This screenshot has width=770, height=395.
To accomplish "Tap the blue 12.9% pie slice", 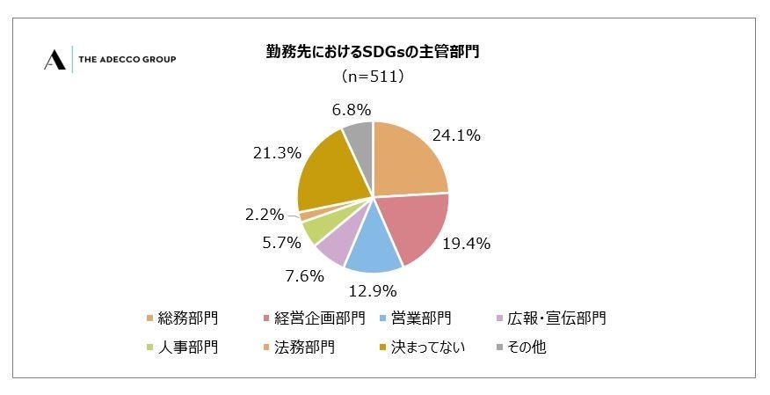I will click(x=373, y=244).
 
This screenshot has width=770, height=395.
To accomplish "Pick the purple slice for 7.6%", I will click(x=334, y=245).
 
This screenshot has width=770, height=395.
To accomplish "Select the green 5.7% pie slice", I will click(x=314, y=230).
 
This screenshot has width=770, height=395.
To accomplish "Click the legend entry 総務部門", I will click(x=187, y=318).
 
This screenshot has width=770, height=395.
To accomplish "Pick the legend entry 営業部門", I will click(x=421, y=318).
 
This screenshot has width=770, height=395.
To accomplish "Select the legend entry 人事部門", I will click(x=187, y=347).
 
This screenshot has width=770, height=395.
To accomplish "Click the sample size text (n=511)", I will click(x=373, y=77).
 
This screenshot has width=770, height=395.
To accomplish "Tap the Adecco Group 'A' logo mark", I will click(x=54, y=59).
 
